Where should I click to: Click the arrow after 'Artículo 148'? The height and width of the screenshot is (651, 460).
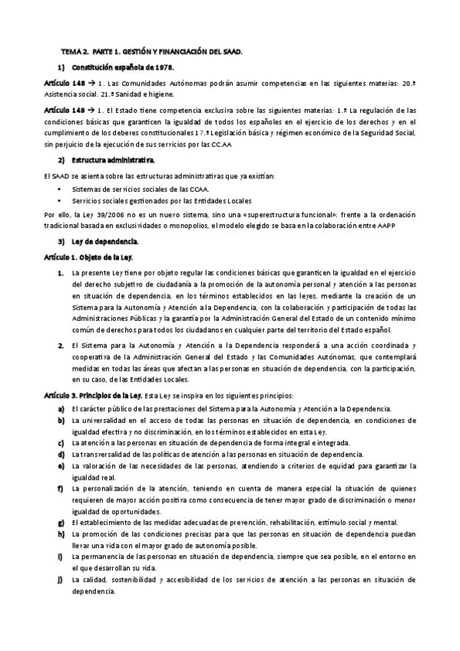91,82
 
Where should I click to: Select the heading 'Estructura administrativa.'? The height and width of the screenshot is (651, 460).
113,160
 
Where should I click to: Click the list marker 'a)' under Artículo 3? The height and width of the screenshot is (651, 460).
60,408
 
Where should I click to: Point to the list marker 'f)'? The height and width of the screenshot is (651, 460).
60,488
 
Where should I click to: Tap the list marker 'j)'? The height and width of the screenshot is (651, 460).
60,580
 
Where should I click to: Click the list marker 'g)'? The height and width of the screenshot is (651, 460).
60,523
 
